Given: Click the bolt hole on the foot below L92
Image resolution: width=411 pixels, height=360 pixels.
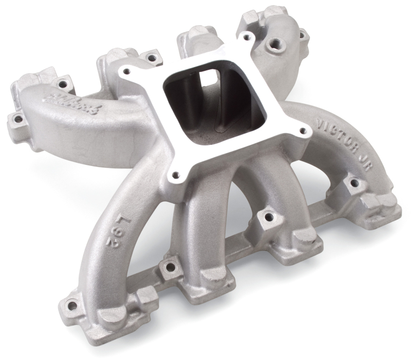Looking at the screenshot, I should [x=72, y=306].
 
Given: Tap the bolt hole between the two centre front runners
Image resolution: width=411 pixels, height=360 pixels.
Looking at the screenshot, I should [x=266, y=216].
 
